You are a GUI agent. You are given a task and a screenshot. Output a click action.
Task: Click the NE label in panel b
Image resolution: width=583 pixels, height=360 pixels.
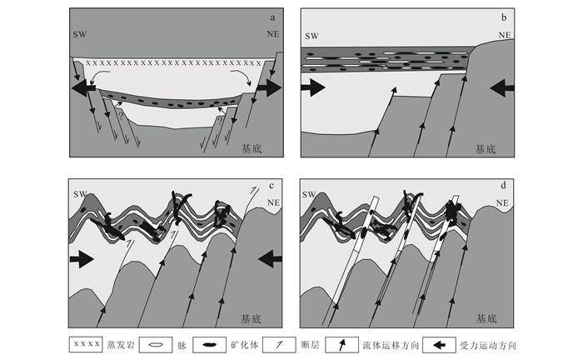coord(504,36)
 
